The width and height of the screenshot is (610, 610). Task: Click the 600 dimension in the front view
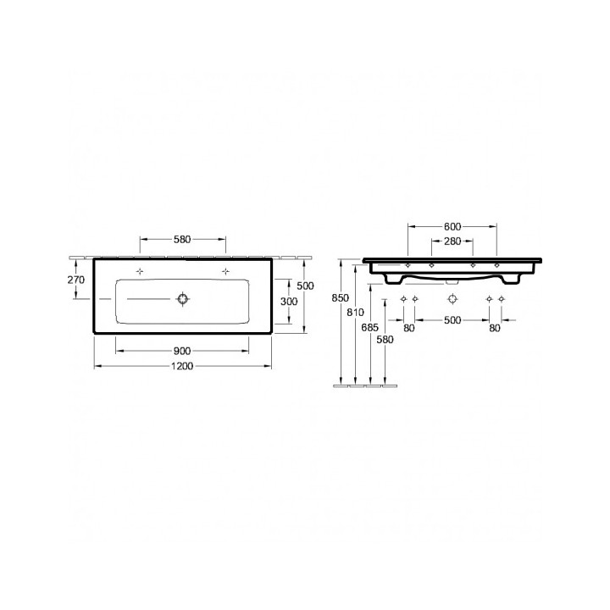point(452,226)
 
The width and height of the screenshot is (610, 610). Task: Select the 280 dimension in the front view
point(452,242)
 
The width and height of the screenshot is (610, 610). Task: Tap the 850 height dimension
point(340,297)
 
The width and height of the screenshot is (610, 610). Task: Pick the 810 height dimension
point(355,313)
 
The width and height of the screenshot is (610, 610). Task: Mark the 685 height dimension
point(370,326)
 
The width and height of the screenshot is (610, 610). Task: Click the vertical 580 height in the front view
point(385,340)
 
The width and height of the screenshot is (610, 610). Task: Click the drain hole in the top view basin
point(181,298)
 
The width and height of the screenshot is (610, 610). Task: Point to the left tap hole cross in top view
point(141,271)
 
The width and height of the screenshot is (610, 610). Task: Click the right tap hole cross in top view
point(225,271)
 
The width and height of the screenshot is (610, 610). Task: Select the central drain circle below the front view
point(452,300)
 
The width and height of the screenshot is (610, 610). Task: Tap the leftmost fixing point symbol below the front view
point(403,300)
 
